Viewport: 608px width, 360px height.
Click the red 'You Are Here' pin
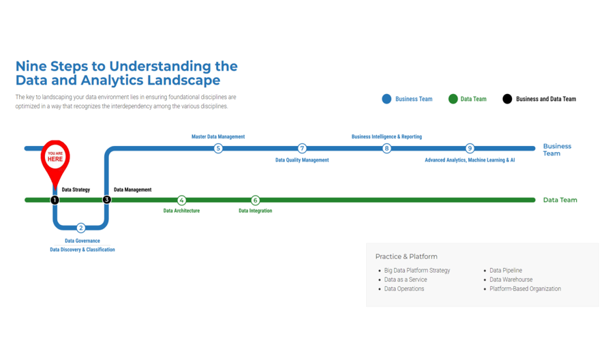click(x=55, y=158)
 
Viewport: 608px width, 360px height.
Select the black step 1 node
click(x=55, y=200)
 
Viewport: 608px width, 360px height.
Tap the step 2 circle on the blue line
click(x=81, y=228)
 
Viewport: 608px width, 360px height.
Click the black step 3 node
click(x=106, y=200)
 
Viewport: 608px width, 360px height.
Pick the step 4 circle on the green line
click(x=181, y=200)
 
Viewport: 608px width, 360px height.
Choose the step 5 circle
click(x=218, y=148)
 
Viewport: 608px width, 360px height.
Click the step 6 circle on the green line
click(x=256, y=200)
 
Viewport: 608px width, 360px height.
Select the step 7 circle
click(x=302, y=148)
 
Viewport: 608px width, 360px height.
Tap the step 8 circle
click(x=386, y=148)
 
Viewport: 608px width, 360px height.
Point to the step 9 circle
click(x=470, y=148)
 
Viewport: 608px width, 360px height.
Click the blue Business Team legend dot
click(x=386, y=99)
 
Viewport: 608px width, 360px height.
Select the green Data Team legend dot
click(x=453, y=99)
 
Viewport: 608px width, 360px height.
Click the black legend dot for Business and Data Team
click(x=507, y=99)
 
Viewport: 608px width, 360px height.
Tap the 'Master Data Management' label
click(x=218, y=136)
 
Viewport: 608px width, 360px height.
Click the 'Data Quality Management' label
click(x=302, y=160)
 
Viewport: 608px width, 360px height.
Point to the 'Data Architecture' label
click(x=181, y=211)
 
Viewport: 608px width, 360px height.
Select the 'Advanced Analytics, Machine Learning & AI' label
click(x=470, y=160)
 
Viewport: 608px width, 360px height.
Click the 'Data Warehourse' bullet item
click(x=511, y=280)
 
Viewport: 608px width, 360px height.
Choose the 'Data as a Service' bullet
click(x=406, y=280)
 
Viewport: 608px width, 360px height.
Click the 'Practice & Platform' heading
click(x=406, y=256)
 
